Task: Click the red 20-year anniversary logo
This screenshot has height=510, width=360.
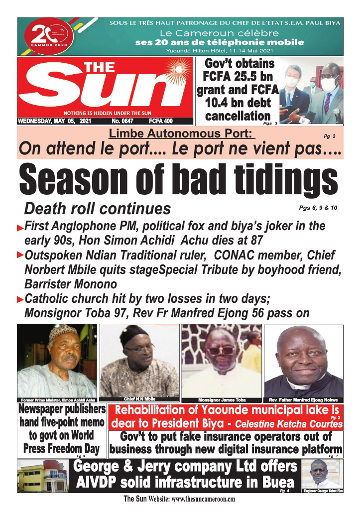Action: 48,36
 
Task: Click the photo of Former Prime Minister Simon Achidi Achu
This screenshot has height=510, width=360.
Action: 56,360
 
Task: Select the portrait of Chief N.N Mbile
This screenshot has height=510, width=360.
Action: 139,360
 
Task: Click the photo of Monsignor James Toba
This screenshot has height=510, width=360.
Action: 222,360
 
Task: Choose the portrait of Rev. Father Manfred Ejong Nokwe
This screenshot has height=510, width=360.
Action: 303,360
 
